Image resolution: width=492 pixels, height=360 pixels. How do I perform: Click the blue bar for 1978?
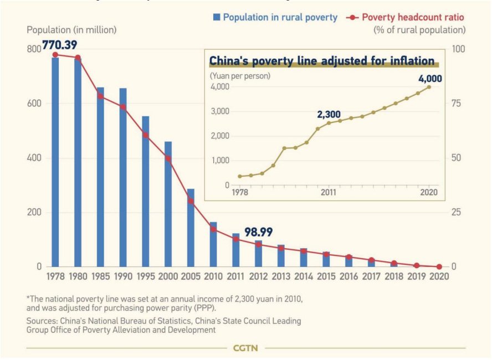pyautogui.click(x=55, y=161)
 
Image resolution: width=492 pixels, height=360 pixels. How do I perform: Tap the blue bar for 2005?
pyautogui.click(x=191, y=227)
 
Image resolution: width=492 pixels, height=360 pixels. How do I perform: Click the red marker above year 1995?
pyautogui.click(x=146, y=135)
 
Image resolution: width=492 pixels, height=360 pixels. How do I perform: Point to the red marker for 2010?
pyautogui.click(x=213, y=229)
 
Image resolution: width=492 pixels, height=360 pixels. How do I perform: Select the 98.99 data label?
pyautogui.click(x=259, y=233)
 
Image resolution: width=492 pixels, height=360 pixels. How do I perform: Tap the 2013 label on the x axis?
pyautogui.click(x=281, y=276)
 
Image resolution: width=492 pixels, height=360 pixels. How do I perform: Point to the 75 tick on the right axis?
pyautogui.click(x=458, y=104)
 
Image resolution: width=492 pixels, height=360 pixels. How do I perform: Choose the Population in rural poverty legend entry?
pyautogui.click(x=274, y=18)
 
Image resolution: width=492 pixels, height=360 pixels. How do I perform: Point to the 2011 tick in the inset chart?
pyautogui.click(x=329, y=192)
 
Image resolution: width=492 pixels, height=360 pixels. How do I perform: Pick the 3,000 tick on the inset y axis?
pyautogui.click(x=220, y=111)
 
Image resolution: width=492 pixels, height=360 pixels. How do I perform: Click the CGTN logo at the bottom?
pyautogui.click(x=245, y=348)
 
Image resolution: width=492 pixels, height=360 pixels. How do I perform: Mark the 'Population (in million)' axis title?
pyautogui.click(x=71, y=29)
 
